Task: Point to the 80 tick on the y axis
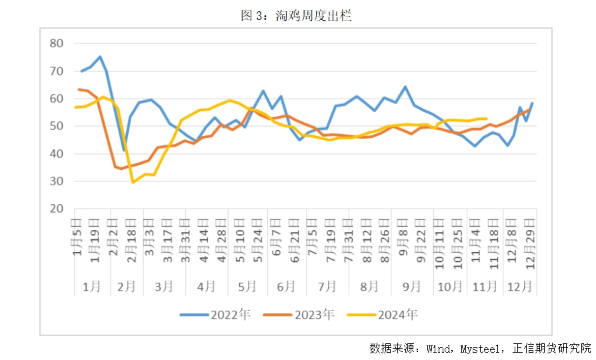pos(57,44)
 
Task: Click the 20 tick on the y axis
pos(57,209)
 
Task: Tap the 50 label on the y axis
pos(57,126)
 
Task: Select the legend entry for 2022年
pos(215,315)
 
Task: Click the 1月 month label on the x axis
pos(91,286)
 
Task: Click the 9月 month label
pos(411,286)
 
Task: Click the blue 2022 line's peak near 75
pos(100,57)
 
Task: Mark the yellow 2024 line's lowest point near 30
pos(133,182)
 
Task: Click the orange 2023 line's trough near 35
pos(121,169)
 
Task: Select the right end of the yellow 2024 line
pos(487,119)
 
